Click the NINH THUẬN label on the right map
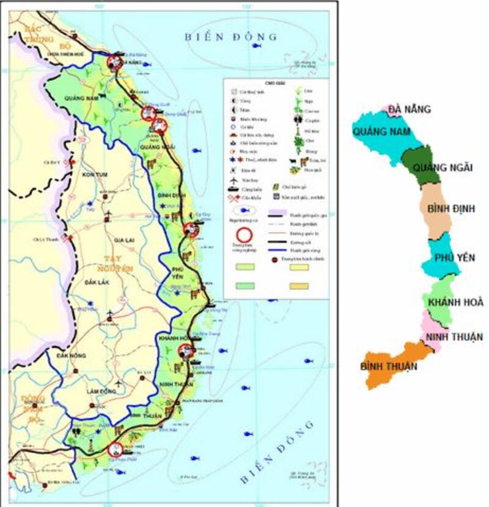(454, 337)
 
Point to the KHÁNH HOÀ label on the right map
(455, 302)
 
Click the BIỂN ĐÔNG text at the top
(231, 37)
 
